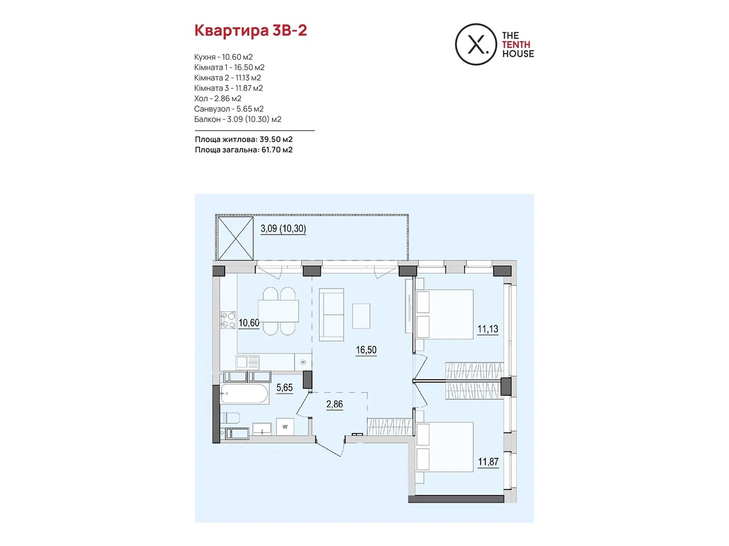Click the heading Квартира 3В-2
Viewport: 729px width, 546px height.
pyautogui.click(x=251, y=30)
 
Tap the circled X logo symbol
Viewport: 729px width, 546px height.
pyautogui.click(x=476, y=45)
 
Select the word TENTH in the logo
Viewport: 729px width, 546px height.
pyautogui.click(x=516, y=45)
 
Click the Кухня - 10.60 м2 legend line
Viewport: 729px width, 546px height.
pyautogui.click(x=223, y=57)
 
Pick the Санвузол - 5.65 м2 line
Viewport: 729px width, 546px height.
pyautogui.click(x=229, y=109)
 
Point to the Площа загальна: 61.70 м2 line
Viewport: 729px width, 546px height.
pyautogui.click(x=243, y=150)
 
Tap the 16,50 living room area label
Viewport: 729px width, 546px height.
pyautogui.click(x=366, y=350)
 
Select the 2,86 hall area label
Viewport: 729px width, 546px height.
pyautogui.click(x=334, y=404)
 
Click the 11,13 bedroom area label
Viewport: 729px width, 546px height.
pyautogui.click(x=488, y=329)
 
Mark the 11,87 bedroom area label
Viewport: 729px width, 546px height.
pyautogui.click(x=488, y=462)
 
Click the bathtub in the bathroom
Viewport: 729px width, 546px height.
pyautogui.click(x=245, y=394)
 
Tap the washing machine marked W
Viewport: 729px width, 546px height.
pyautogui.click(x=285, y=427)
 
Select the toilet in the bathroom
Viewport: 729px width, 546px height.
pyautogui.click(x=231, y=418)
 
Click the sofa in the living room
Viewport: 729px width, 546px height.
pyautogui.click(x=331, y=314)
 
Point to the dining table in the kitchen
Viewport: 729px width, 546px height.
pyautogui.click(x=279, y=311)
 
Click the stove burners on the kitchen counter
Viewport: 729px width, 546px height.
pyautogui.click(x=228, y=320)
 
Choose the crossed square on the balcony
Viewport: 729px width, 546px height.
pyautogui.click(x=236, y=238)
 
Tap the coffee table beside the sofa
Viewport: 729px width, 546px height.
pyautogui.click(x=361, y=316)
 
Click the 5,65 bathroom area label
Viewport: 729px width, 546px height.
pyautogui.click(x=284, y=388)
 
